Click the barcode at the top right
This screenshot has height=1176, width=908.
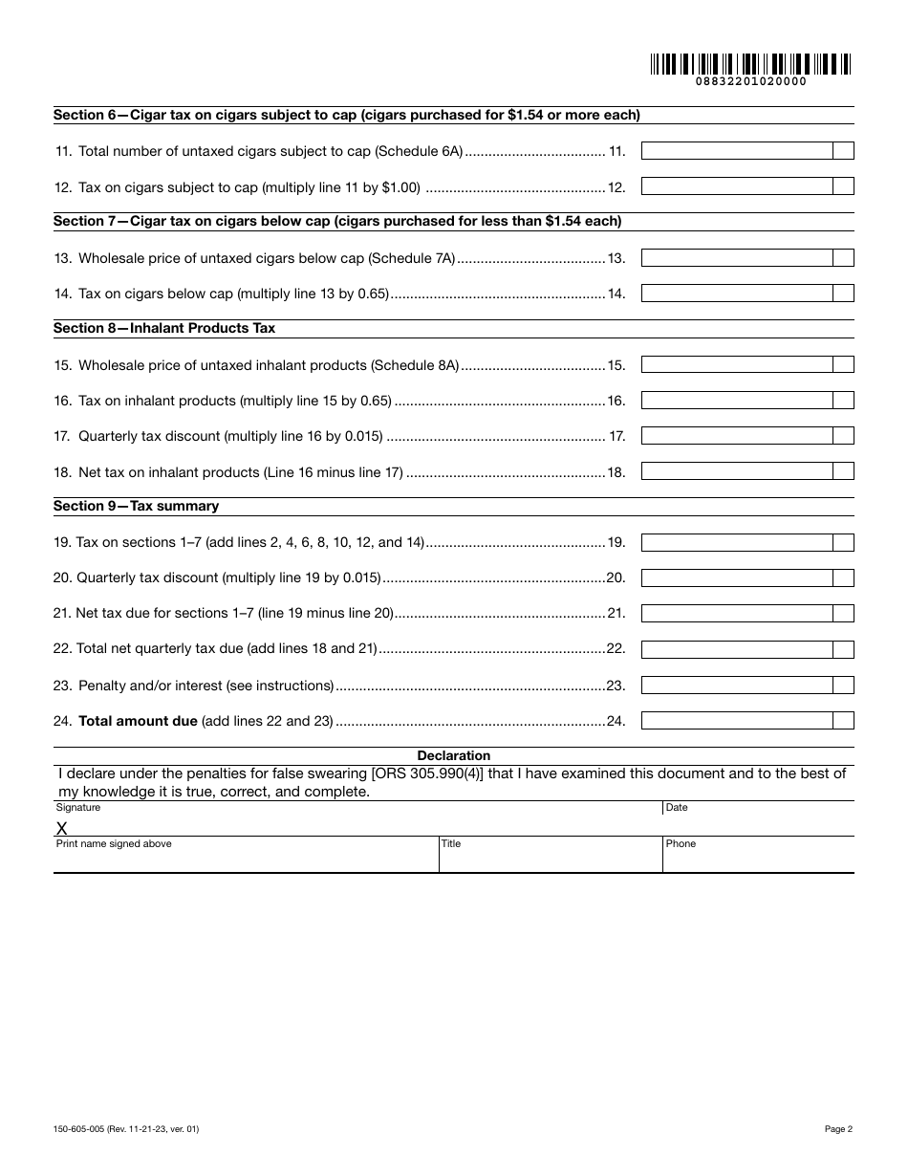(x=751, y=64)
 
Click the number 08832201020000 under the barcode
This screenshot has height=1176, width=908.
(x=751, y=82)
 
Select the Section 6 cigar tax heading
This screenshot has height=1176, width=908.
(x=346, y=115)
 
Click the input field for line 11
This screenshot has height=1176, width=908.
(x=736, y=151)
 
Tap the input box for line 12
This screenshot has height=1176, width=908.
(x=736, y=186)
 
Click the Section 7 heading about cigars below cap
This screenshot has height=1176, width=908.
(x=336, y=221)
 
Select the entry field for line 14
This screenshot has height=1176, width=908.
(x=736, y=294)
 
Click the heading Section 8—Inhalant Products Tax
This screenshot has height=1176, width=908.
(x=164, y=328)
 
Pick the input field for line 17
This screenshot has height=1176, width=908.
(x=736, y=436)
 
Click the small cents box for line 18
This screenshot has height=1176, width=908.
(x=843, y=471)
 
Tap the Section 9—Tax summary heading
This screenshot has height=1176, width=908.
(x=136, y=506)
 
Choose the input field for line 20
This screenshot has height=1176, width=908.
(x=736, y=578)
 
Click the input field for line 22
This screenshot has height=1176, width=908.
(x=736, y=649)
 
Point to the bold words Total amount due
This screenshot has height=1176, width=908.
(x=138, y=721)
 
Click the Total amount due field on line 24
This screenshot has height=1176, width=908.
(x=736, y=721)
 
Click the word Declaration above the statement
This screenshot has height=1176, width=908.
(x=454, y=755)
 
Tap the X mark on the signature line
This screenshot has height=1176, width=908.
(x=62, y=828)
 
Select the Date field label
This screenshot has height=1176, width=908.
(x=677, y=808)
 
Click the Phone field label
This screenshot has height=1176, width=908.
(x=681, y=844)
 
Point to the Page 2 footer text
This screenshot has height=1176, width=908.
(x=838, y=1129)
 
